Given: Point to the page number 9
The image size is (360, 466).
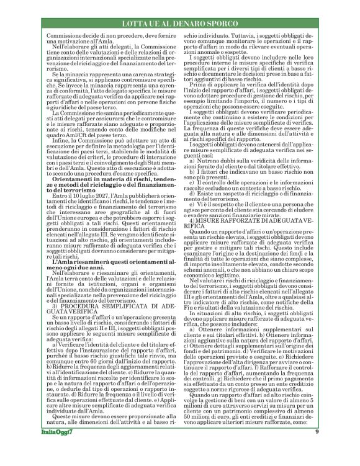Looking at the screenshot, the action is (317, 449).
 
